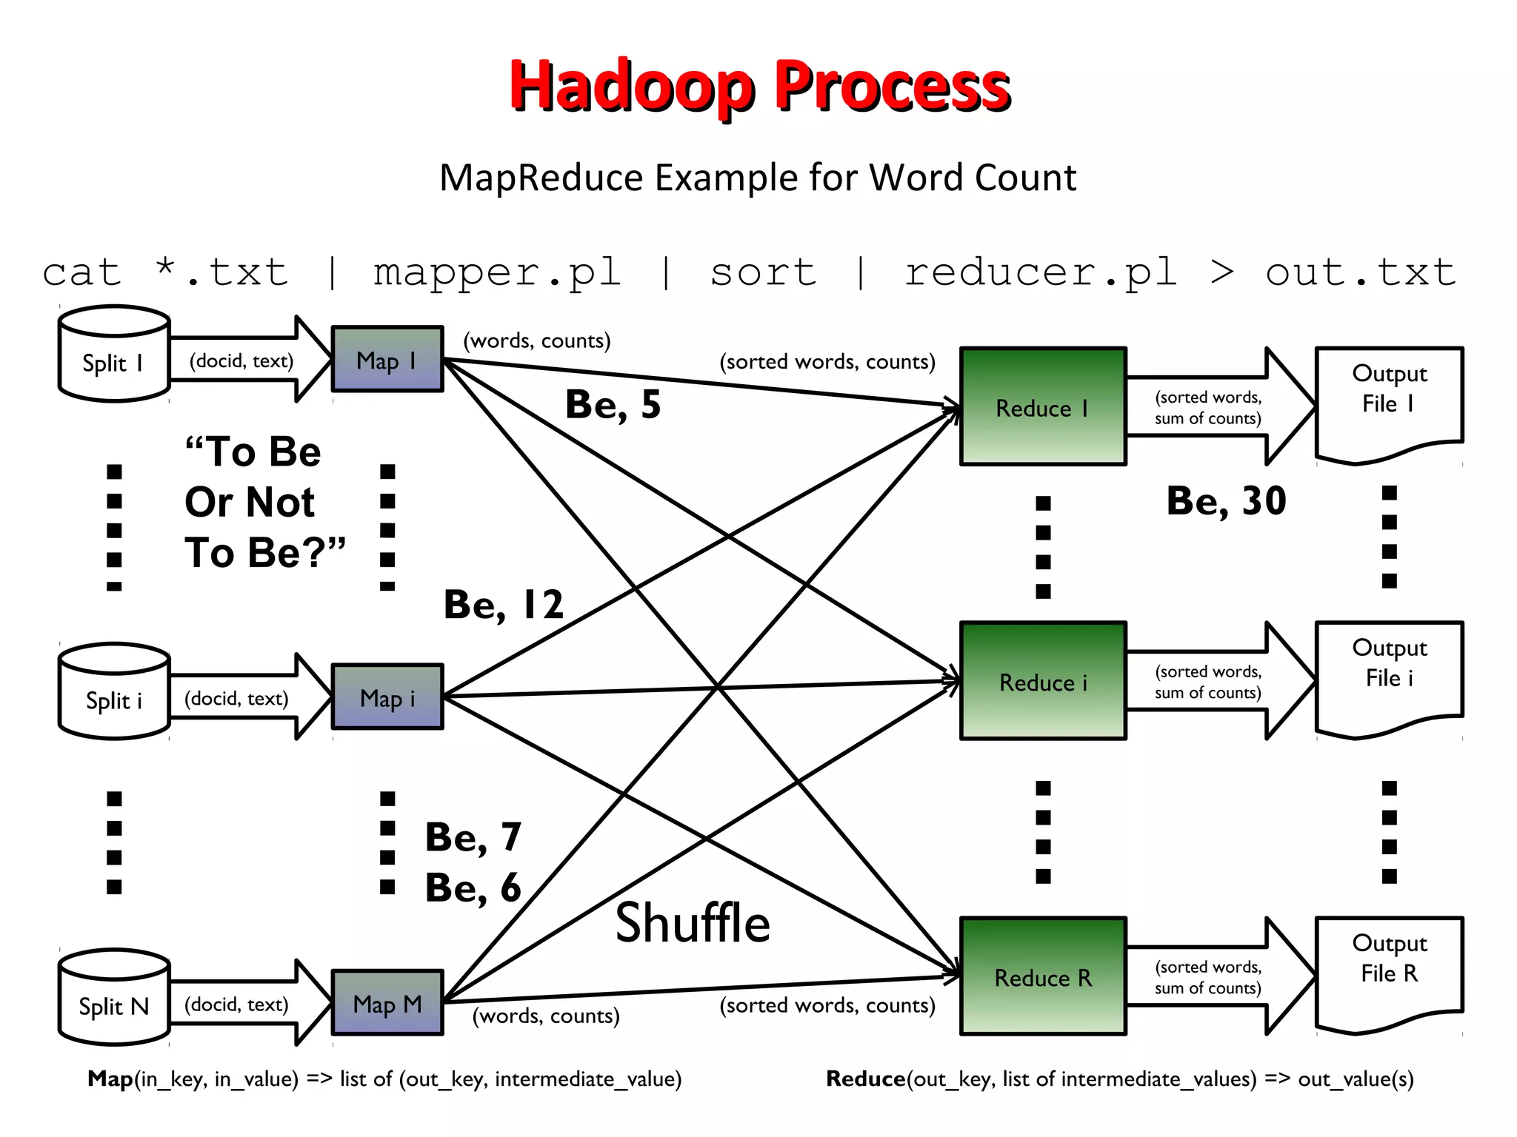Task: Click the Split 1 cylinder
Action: click(113, 355)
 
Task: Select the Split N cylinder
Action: click(113, 999)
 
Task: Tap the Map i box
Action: click(387, 697)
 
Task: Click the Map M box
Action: click(387, 1003)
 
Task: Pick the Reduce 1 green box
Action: click(1042, 406)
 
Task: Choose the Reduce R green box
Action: click(1042, 976)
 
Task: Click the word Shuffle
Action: click(693, 924)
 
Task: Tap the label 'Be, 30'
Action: click(1226, 501)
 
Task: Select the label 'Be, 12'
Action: click(504, 605)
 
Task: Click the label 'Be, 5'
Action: click(613, 405)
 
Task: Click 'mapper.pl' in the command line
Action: click(496, 272)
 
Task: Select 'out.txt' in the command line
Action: click(1360, 272)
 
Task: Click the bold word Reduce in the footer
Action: click(865, 1079)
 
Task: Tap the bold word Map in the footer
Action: click(110, 1079)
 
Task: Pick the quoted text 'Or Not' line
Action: click(250, 502)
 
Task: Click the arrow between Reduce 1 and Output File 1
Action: click(1215, 407)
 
